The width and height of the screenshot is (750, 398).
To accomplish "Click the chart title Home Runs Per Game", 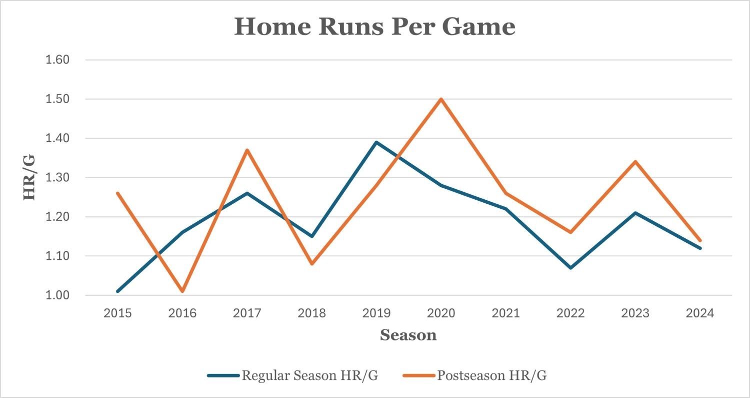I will (x=374, y=27).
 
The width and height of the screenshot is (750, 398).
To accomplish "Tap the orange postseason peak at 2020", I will (x=441, y=99).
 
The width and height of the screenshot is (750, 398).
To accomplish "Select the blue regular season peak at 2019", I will (x=376, y=142).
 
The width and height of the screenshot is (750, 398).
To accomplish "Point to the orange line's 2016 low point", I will (x=182, y=291).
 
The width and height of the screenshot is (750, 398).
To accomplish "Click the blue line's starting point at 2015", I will (x=118, y=291).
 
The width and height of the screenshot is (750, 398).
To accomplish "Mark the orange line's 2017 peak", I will (x=247, y=150).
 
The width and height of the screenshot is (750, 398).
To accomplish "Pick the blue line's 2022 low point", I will (x=570, y=267).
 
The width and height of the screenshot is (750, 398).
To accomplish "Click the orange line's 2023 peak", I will (x=635, y=162).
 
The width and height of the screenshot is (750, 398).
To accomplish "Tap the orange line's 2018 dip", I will (x=312, y=263).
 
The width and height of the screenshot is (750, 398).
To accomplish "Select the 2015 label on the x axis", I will (x=118, y=313).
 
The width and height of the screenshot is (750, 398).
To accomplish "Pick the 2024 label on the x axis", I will (x=699, y=313).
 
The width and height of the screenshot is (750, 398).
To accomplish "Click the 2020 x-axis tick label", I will (x=441, y=313).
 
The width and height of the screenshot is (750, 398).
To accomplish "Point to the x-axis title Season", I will (x=408, y=335).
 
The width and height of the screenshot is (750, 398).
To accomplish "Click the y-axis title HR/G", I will (x=30, y=177).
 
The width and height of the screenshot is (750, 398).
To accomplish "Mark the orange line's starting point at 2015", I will (x=118, y=193).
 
